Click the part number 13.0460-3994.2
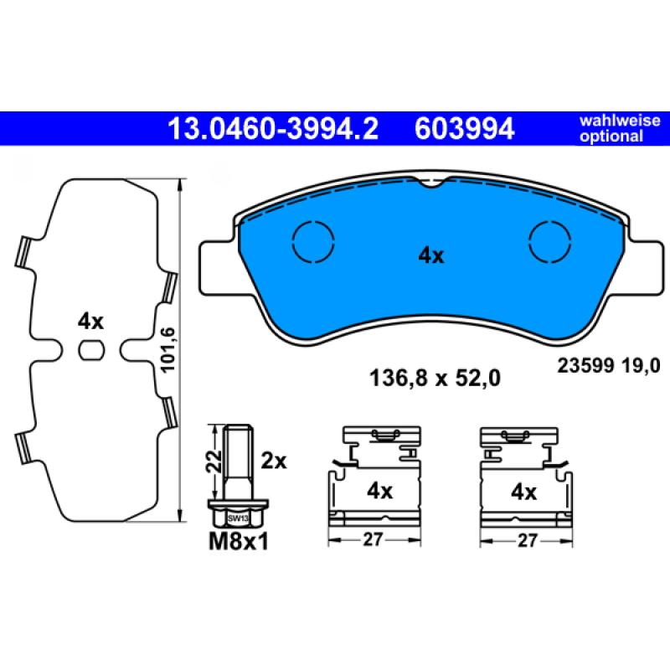[x=273, y=129]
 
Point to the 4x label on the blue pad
[x=431, y=256]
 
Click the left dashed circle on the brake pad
[x=312, y=244]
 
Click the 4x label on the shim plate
[x=90, y=321]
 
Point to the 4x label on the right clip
[x=523, y=491]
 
